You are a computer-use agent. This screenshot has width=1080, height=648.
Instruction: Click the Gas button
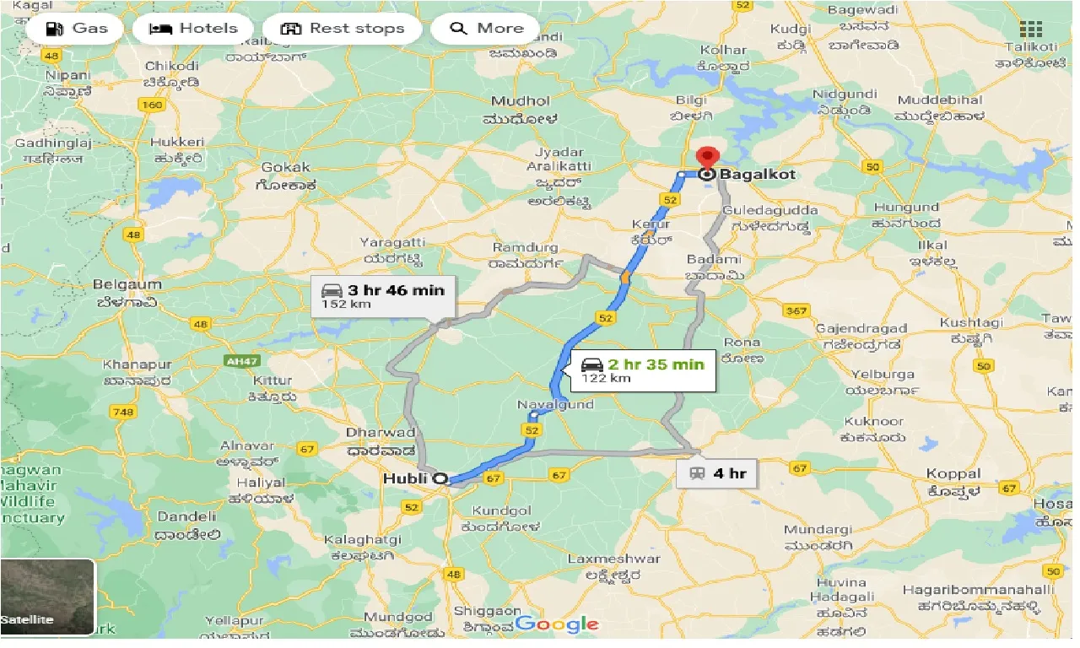[x=75, y=29]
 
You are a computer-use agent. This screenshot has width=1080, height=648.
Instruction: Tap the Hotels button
[x=192, y=29]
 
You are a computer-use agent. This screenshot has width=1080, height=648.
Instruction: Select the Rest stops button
[x=342, y=29]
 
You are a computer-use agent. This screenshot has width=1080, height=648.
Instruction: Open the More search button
[x=486, y=29]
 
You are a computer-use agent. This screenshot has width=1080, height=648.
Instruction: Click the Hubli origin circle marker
[x=440, y=478]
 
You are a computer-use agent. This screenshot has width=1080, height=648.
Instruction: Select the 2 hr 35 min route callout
[x=643, y=370]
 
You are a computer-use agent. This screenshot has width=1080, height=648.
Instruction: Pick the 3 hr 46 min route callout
[x=383, y=296]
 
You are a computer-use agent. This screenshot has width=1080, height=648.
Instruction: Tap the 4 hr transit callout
[x=717, y=473]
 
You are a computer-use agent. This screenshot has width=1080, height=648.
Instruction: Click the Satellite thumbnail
[x=48, y=597]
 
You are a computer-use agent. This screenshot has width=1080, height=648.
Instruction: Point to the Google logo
[x=557, y=624]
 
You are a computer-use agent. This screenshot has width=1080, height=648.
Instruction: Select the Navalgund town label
[x=555, y=405]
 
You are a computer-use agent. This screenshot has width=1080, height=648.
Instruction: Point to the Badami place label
[x=714, y=260]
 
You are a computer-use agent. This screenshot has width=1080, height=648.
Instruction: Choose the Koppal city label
[x=953, y=474]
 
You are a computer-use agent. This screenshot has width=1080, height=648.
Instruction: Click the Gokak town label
[x=286, y=167]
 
